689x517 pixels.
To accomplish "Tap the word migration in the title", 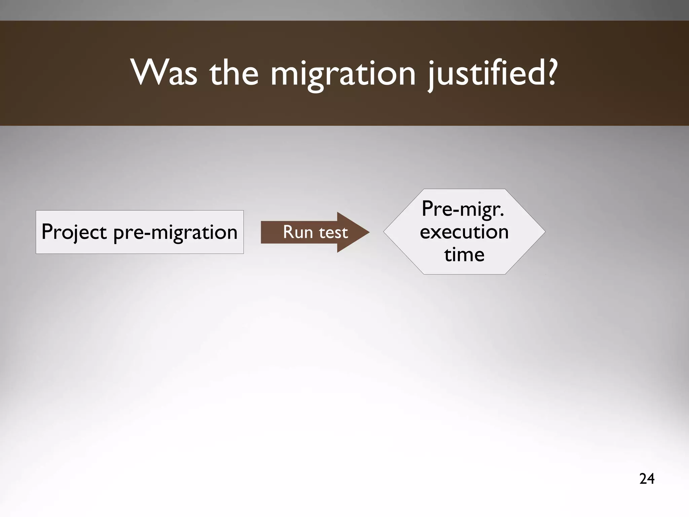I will [343, 74].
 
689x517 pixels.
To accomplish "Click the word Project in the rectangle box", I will [74, 232].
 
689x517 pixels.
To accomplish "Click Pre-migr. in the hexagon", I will [463, 209].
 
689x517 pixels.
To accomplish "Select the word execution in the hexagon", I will [464, 232].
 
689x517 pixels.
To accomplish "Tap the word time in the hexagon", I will [464, 255].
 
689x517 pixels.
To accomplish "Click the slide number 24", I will [647, 479].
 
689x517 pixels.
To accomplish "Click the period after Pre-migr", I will [502, 216].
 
